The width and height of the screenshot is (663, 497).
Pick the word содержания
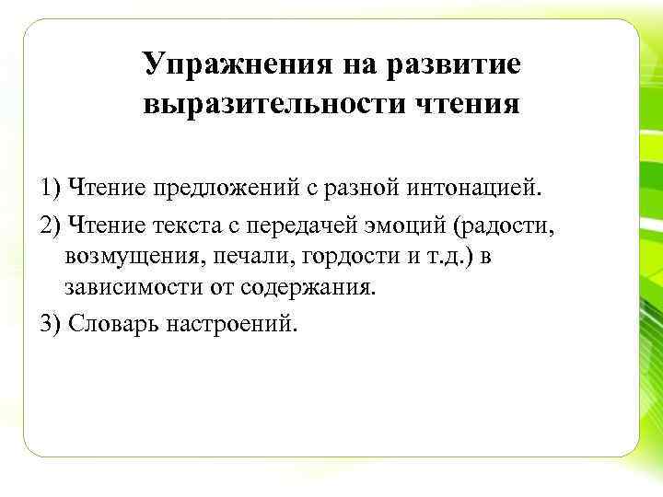coord(309,286)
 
